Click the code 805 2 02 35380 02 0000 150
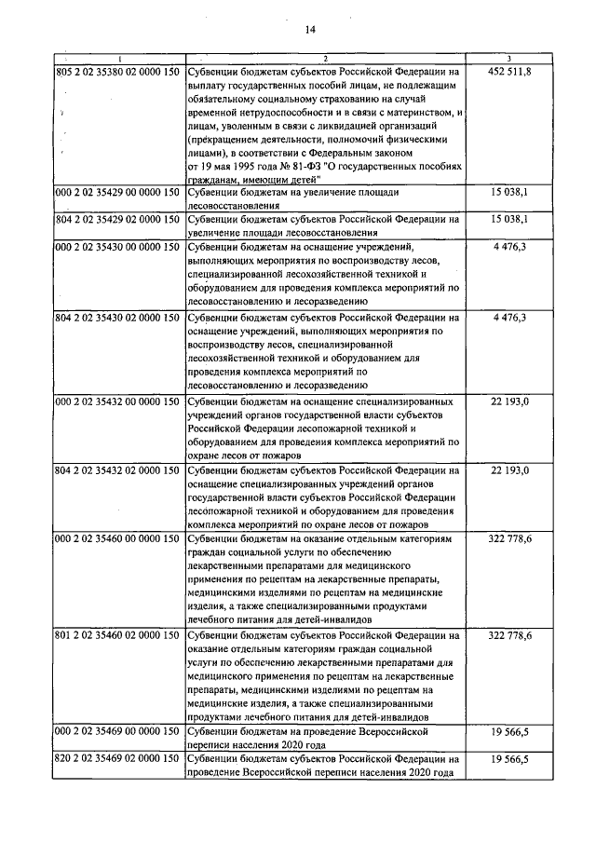tap(117, 72)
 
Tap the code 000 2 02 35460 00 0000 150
tap(117, 539)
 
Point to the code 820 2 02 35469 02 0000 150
tap(117, 760)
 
